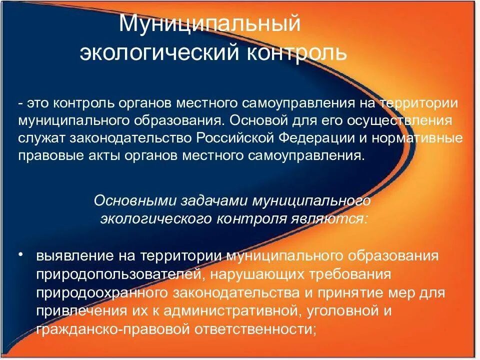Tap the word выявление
[73, 256]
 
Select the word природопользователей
[120, 274]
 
